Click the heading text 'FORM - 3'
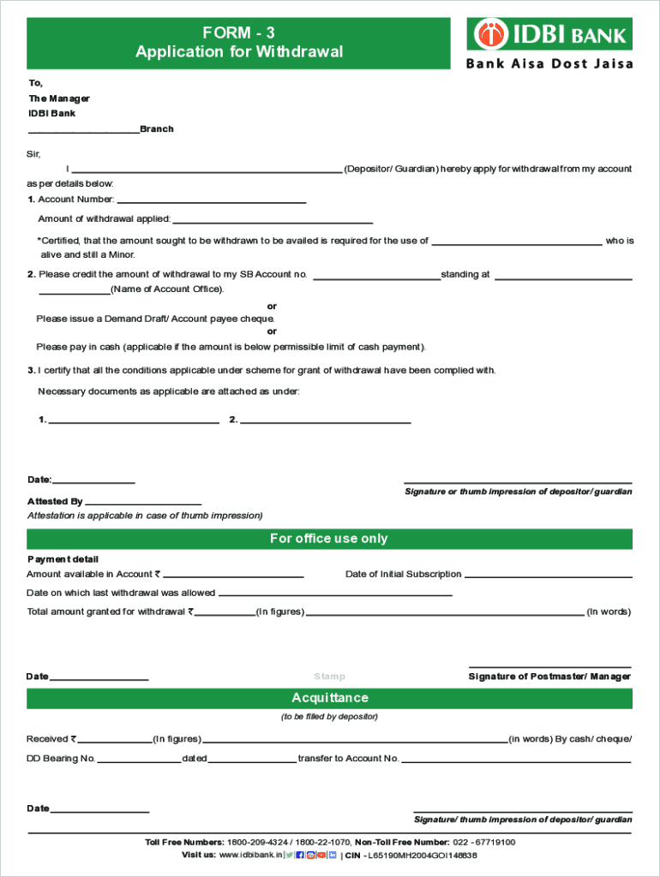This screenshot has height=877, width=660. [x=238, y=33]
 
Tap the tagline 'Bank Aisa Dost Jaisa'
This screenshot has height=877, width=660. [x=549, y=64]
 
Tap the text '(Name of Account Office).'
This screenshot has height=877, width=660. [x=167, y=289]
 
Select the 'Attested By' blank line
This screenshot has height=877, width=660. [x=143, y=504]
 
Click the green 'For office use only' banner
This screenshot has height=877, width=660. [x=329, y=539]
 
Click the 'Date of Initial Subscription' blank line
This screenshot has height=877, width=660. [x=548, y=576]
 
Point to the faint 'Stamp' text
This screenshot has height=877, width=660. [x=329, y=677]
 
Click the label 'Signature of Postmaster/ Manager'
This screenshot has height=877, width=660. [x=549, y=677]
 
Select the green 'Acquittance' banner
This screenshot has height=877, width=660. [x=329, y=698]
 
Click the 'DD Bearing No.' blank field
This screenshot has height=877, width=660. [x=139, y=761]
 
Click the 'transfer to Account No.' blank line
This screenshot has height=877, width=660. [x=516, y=761]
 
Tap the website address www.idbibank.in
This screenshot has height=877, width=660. [x=249, y=855]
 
